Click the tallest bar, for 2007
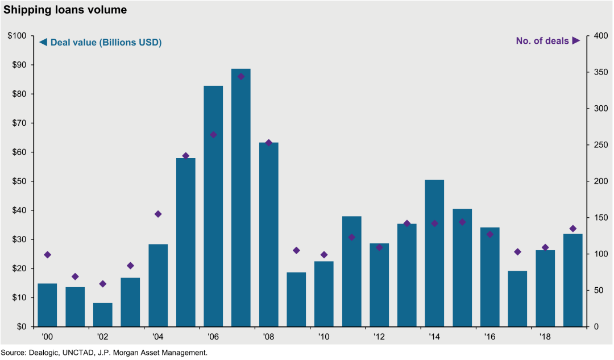coord(241,198)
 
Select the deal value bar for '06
coord(213,206)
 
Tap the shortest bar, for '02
coord(102,315)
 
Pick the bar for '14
coord(435,254)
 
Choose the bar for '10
coord(324,294)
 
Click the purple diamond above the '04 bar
coord(158,214)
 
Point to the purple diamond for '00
coord(47,255)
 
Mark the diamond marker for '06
coord(213,135)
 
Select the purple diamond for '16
coord(490,234)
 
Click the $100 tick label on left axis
coord(17,36)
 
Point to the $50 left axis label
coord(19,181)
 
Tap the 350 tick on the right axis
coord(601,72)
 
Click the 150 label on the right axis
coord(601,217)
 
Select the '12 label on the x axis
coord(379,337)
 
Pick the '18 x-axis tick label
coord(545,337)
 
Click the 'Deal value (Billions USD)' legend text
coord(106,42)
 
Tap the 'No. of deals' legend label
coord(542,41)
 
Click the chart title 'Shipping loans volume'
coord(65,10)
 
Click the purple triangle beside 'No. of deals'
coord(576,40)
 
